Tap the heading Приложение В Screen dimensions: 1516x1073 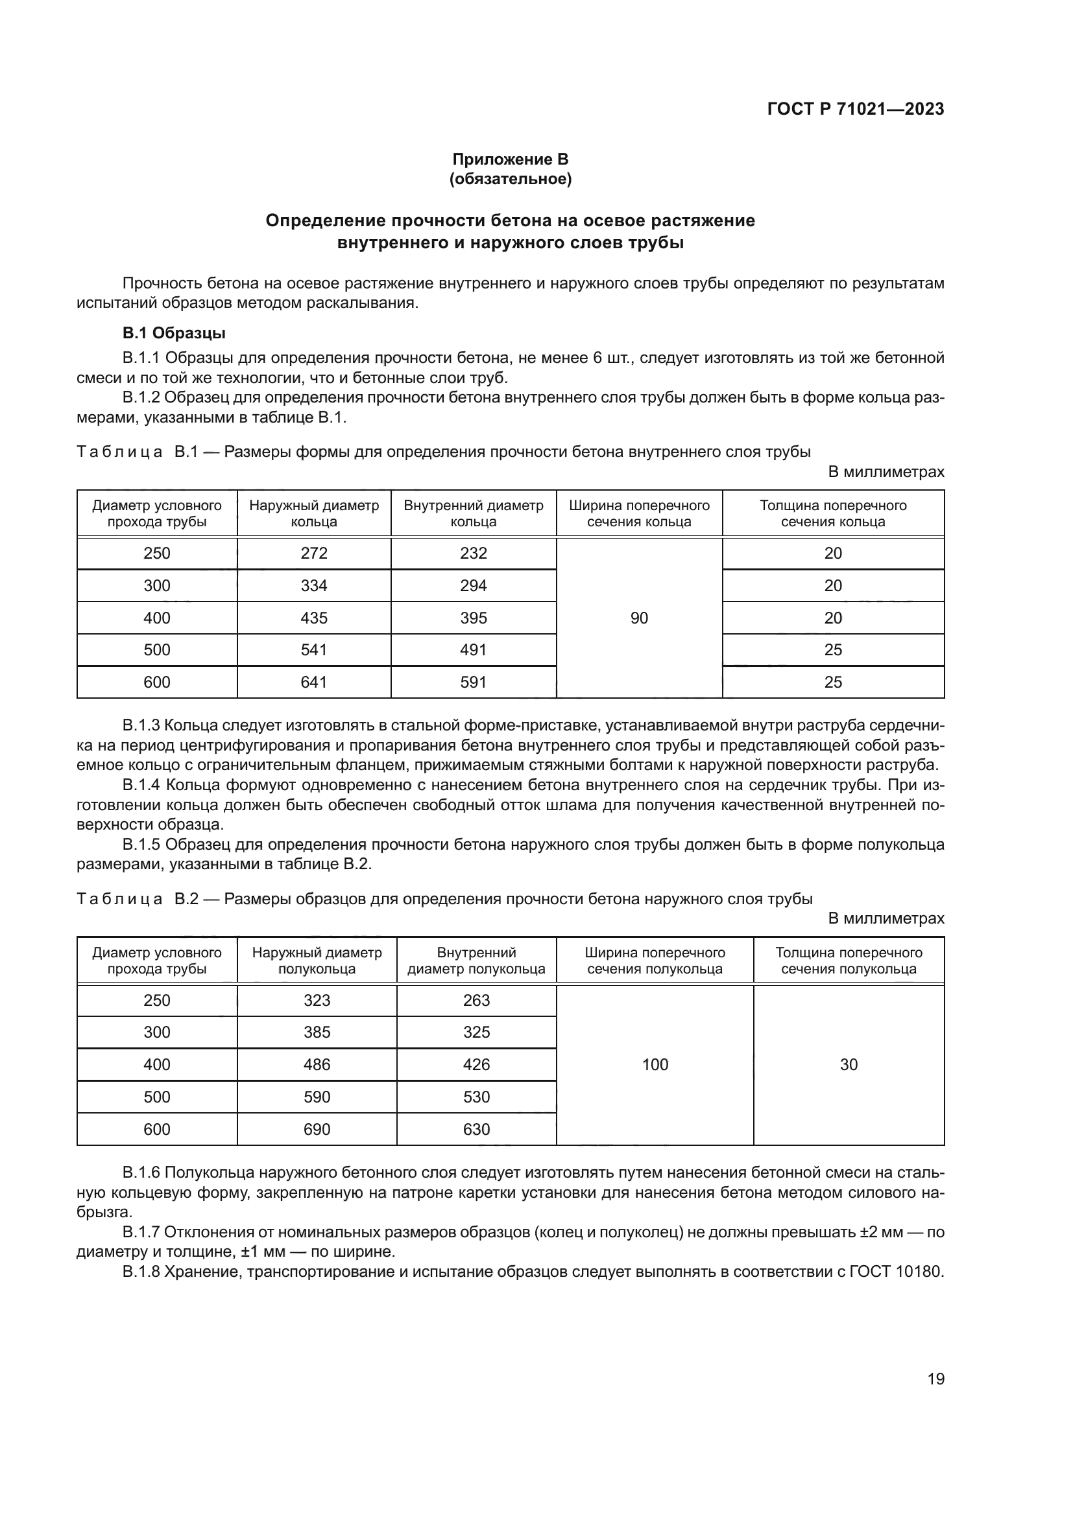[x=509, y=159]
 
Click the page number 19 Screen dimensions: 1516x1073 [x=935, y=1379]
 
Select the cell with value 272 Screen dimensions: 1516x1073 [x=314, y=554]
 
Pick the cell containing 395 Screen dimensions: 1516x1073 [x=473, y=618]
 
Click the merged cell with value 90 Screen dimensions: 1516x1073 [x=639, y=618]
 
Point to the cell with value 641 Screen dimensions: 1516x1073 [x=314, y=682]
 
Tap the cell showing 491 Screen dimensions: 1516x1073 [x=473, y=649]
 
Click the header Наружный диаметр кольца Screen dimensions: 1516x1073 [x=314, y=514]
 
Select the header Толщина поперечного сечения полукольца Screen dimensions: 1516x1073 [x=849, y=961]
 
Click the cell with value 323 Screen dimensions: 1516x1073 [x=317, y=1000]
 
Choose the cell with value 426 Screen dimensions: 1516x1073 [x=476, y=1064]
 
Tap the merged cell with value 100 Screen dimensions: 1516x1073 [x=655, y=1064]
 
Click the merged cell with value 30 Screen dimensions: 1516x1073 [x=849, y=1064]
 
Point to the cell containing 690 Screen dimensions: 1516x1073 [x=317, y=1129]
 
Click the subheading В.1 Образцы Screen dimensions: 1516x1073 [x=174, y=333]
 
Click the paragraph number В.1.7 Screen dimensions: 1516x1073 [x=141, y=1232]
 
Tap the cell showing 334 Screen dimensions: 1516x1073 [x=314, y=586]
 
